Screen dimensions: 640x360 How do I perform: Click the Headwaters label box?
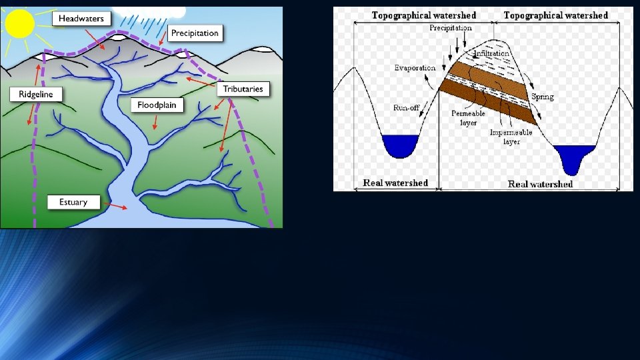[81, 19]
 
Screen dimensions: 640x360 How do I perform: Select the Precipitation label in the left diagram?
[194, 33]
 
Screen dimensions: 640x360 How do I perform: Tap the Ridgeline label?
[36, 94]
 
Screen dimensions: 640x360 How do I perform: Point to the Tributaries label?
[243, 89]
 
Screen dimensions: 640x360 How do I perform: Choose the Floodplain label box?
[157, 105]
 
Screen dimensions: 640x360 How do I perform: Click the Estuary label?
[73, 202]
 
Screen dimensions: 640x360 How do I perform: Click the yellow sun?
[19, 23]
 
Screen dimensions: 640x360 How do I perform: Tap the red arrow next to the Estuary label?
[117, 207]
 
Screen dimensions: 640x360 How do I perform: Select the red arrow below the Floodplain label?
[155, 122]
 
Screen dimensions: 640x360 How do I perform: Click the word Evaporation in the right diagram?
[415, 68]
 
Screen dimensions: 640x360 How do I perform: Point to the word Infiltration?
[492, 53]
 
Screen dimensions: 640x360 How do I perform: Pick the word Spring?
[543, 97]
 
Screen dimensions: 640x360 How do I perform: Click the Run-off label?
[406, 107]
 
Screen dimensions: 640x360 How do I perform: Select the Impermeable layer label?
[511, 137]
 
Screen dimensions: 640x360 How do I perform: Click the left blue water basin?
[399, 145]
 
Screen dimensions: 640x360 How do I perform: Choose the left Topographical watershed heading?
[424, 15]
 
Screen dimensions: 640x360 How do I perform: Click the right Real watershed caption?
[540, 184]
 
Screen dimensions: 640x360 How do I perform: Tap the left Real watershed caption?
[395, 183]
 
